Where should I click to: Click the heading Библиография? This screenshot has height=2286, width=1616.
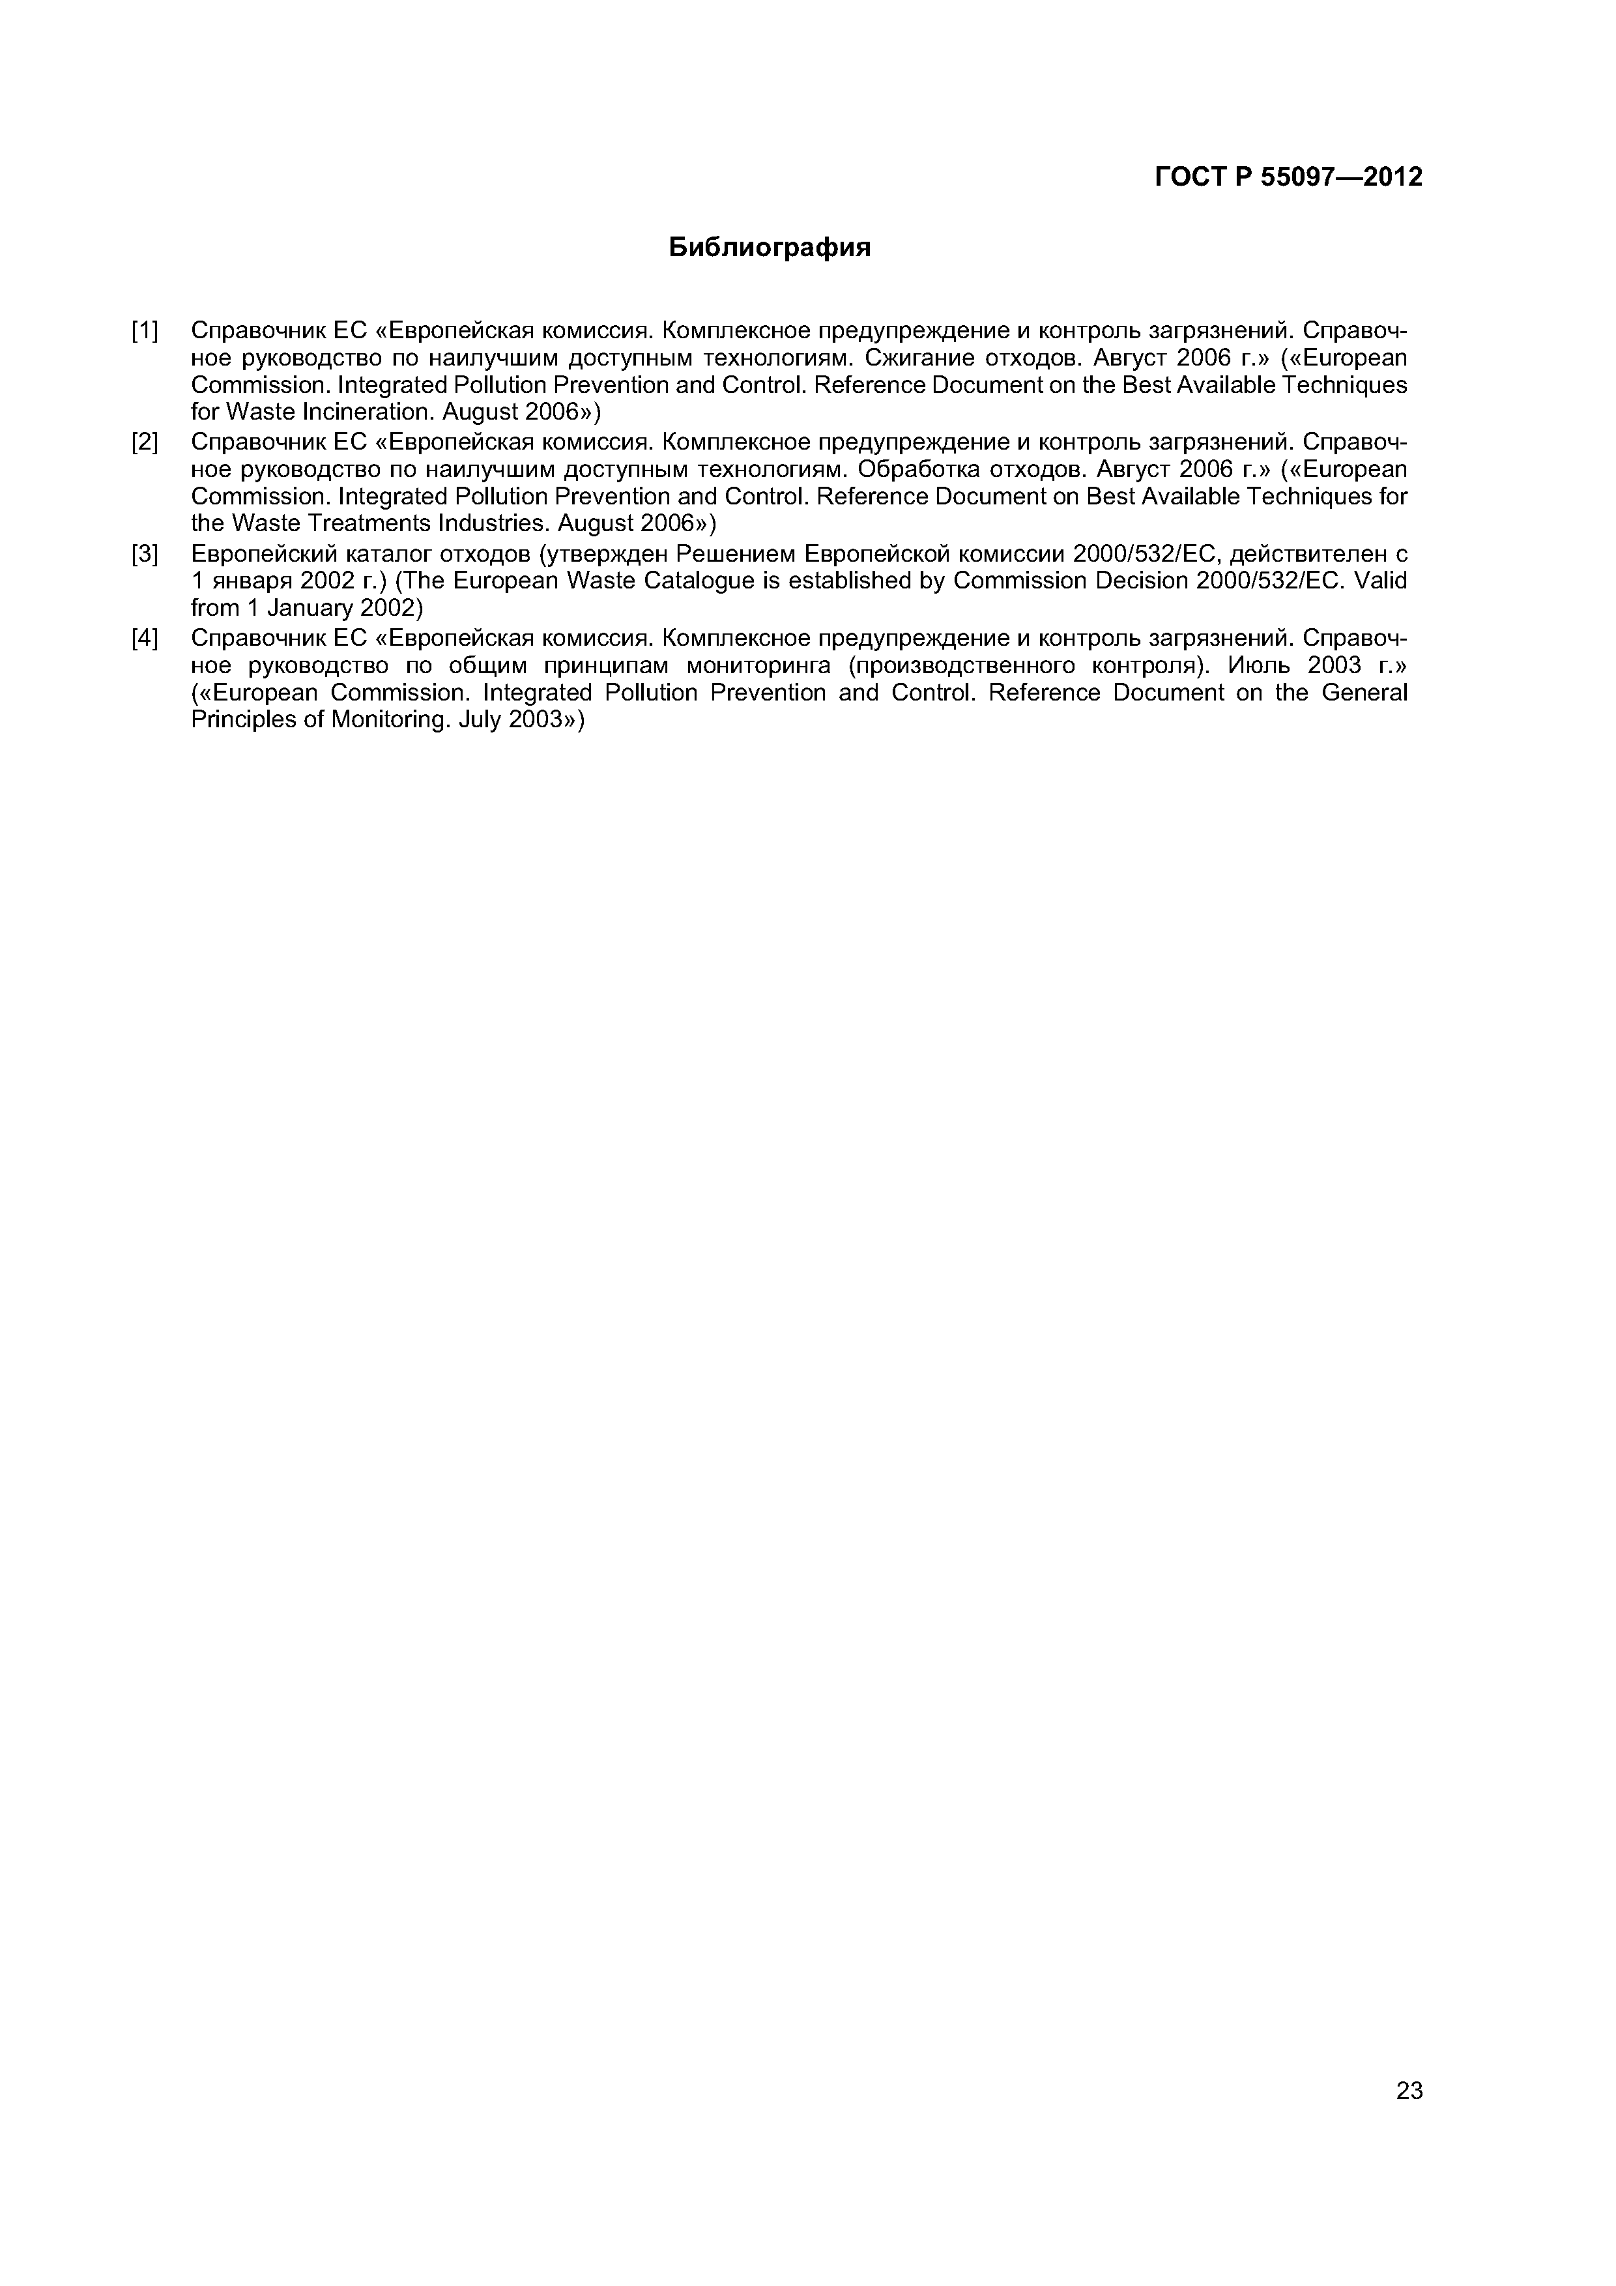pos(769,248)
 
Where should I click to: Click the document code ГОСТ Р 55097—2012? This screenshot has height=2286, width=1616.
pos(1288,177)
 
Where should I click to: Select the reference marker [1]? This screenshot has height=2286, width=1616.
pos(145,330)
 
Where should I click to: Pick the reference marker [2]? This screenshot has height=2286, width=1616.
pos(145,441)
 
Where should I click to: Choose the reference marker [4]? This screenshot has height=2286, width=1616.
pos(145,637)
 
